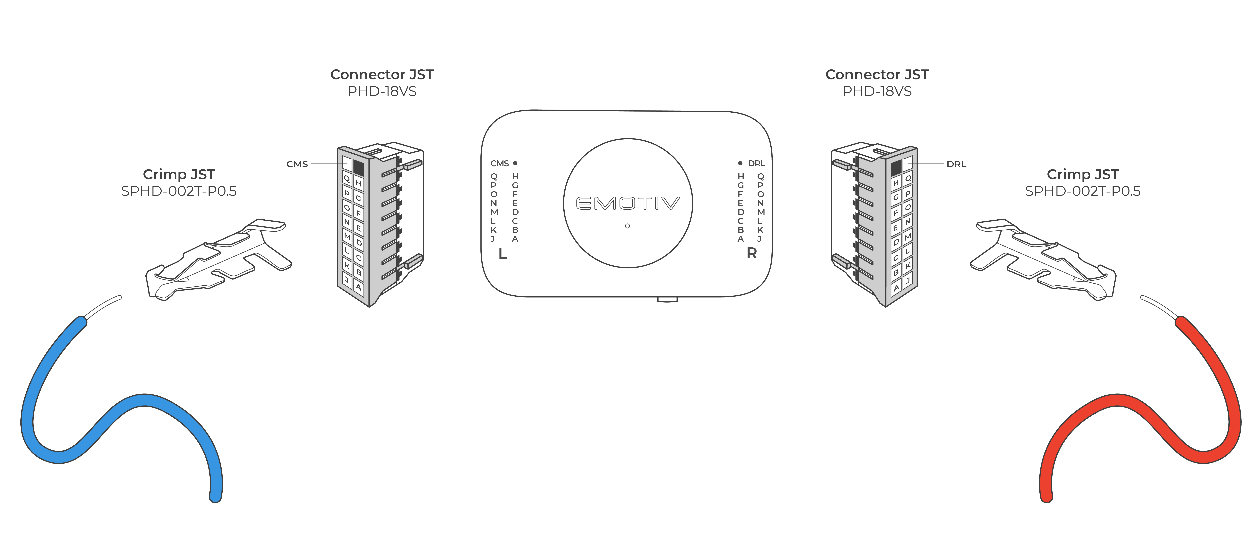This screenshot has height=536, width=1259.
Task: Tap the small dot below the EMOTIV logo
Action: coord(628,226)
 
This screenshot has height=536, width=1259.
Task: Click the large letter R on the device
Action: coord(752,253)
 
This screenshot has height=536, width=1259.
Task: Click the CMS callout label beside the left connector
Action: coord(297,164)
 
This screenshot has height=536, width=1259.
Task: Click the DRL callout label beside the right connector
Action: coord(957,164)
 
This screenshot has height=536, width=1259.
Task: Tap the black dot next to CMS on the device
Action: coord(515,163)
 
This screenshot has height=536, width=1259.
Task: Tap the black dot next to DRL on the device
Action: coord(740,163)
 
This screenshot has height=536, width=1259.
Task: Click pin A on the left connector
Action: coord(359,287)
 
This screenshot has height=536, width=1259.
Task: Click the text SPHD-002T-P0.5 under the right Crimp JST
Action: coord(1083,191)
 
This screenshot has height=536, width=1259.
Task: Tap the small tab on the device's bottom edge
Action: coord(667,299)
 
